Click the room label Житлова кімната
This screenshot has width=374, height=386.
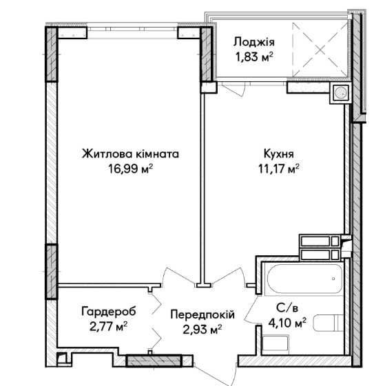(x=130, y=154)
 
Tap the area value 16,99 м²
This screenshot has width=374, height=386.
(x=131, y=169)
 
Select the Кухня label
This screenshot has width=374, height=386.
(x=279, y=154)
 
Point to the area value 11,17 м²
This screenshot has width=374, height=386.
(x=279, y=169)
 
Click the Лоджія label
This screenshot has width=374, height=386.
(x=253, y=43)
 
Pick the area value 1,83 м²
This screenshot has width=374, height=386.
(x=254, y=57)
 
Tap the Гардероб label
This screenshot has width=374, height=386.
(x=109, y=312)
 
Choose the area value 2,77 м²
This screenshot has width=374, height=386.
(x=109, y=327)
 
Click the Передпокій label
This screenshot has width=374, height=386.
(x=202, y=314)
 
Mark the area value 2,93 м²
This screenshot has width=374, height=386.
(x=202, y=330)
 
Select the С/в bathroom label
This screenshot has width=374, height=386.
(x=287, y=308)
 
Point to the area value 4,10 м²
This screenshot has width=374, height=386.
(x=287, y=323)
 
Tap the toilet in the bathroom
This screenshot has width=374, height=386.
(x=328, y=323)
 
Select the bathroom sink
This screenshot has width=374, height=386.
(x=276, y=345)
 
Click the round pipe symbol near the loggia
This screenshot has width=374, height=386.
(x=341, y=93)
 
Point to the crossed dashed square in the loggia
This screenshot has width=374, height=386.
(x=320, y=50)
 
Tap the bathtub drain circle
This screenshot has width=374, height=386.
(x=333, y=279)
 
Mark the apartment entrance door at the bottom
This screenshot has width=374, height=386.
(x=215, y=375)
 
